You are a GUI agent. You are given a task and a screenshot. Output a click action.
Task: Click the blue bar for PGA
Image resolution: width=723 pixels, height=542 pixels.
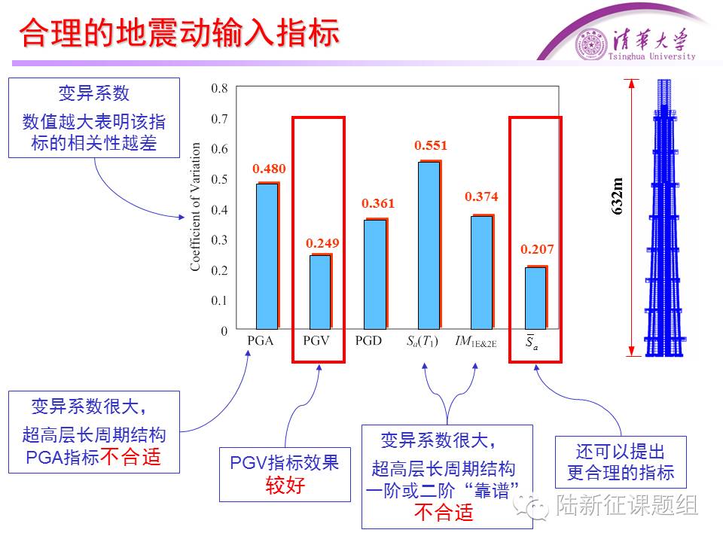tap(267, 256)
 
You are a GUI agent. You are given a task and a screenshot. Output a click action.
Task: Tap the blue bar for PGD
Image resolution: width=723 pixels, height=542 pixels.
tap(374, 275)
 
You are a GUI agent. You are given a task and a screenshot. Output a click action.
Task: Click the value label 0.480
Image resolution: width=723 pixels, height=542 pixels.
tap(269, 169)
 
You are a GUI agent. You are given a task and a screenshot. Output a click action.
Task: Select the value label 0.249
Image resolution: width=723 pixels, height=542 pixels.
tap(322, 242)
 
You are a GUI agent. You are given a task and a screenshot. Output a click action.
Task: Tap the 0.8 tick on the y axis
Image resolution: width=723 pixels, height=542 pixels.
tap(218, 88)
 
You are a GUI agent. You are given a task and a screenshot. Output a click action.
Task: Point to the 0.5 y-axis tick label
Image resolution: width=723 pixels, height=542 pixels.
tap(218, 179)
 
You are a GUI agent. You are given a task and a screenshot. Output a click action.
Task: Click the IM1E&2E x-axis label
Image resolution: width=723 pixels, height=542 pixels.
tap(475, 342)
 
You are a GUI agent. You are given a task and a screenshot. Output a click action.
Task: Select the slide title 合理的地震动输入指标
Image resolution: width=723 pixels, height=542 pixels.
tap(178, 34)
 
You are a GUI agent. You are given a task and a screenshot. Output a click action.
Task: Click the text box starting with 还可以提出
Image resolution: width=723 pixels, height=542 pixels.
tap(621, 462)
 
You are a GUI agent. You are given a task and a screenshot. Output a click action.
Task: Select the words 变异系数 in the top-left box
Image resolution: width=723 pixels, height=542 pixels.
tap(94, 93)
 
